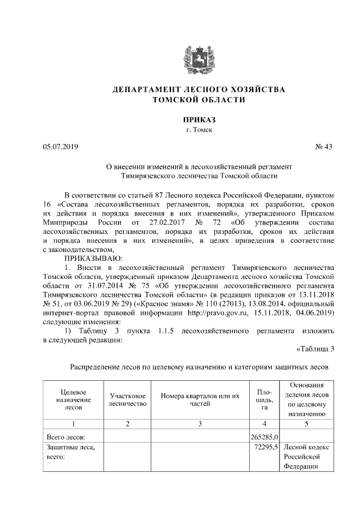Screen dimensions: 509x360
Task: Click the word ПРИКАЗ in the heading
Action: [x=199, y=120]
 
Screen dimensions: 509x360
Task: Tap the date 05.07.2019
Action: [x=61, y=147]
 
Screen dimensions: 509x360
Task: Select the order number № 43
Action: [x=324, y=147]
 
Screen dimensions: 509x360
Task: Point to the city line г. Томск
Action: [x=199, y=130]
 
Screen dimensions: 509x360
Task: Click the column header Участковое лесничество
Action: [x=128, y=399]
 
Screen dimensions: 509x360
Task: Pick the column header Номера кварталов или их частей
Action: [x=200, y=399]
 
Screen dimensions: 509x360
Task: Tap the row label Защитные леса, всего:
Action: [x=70, y=452]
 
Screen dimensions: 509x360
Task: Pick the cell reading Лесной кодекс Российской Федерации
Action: [x=307, y=457]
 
